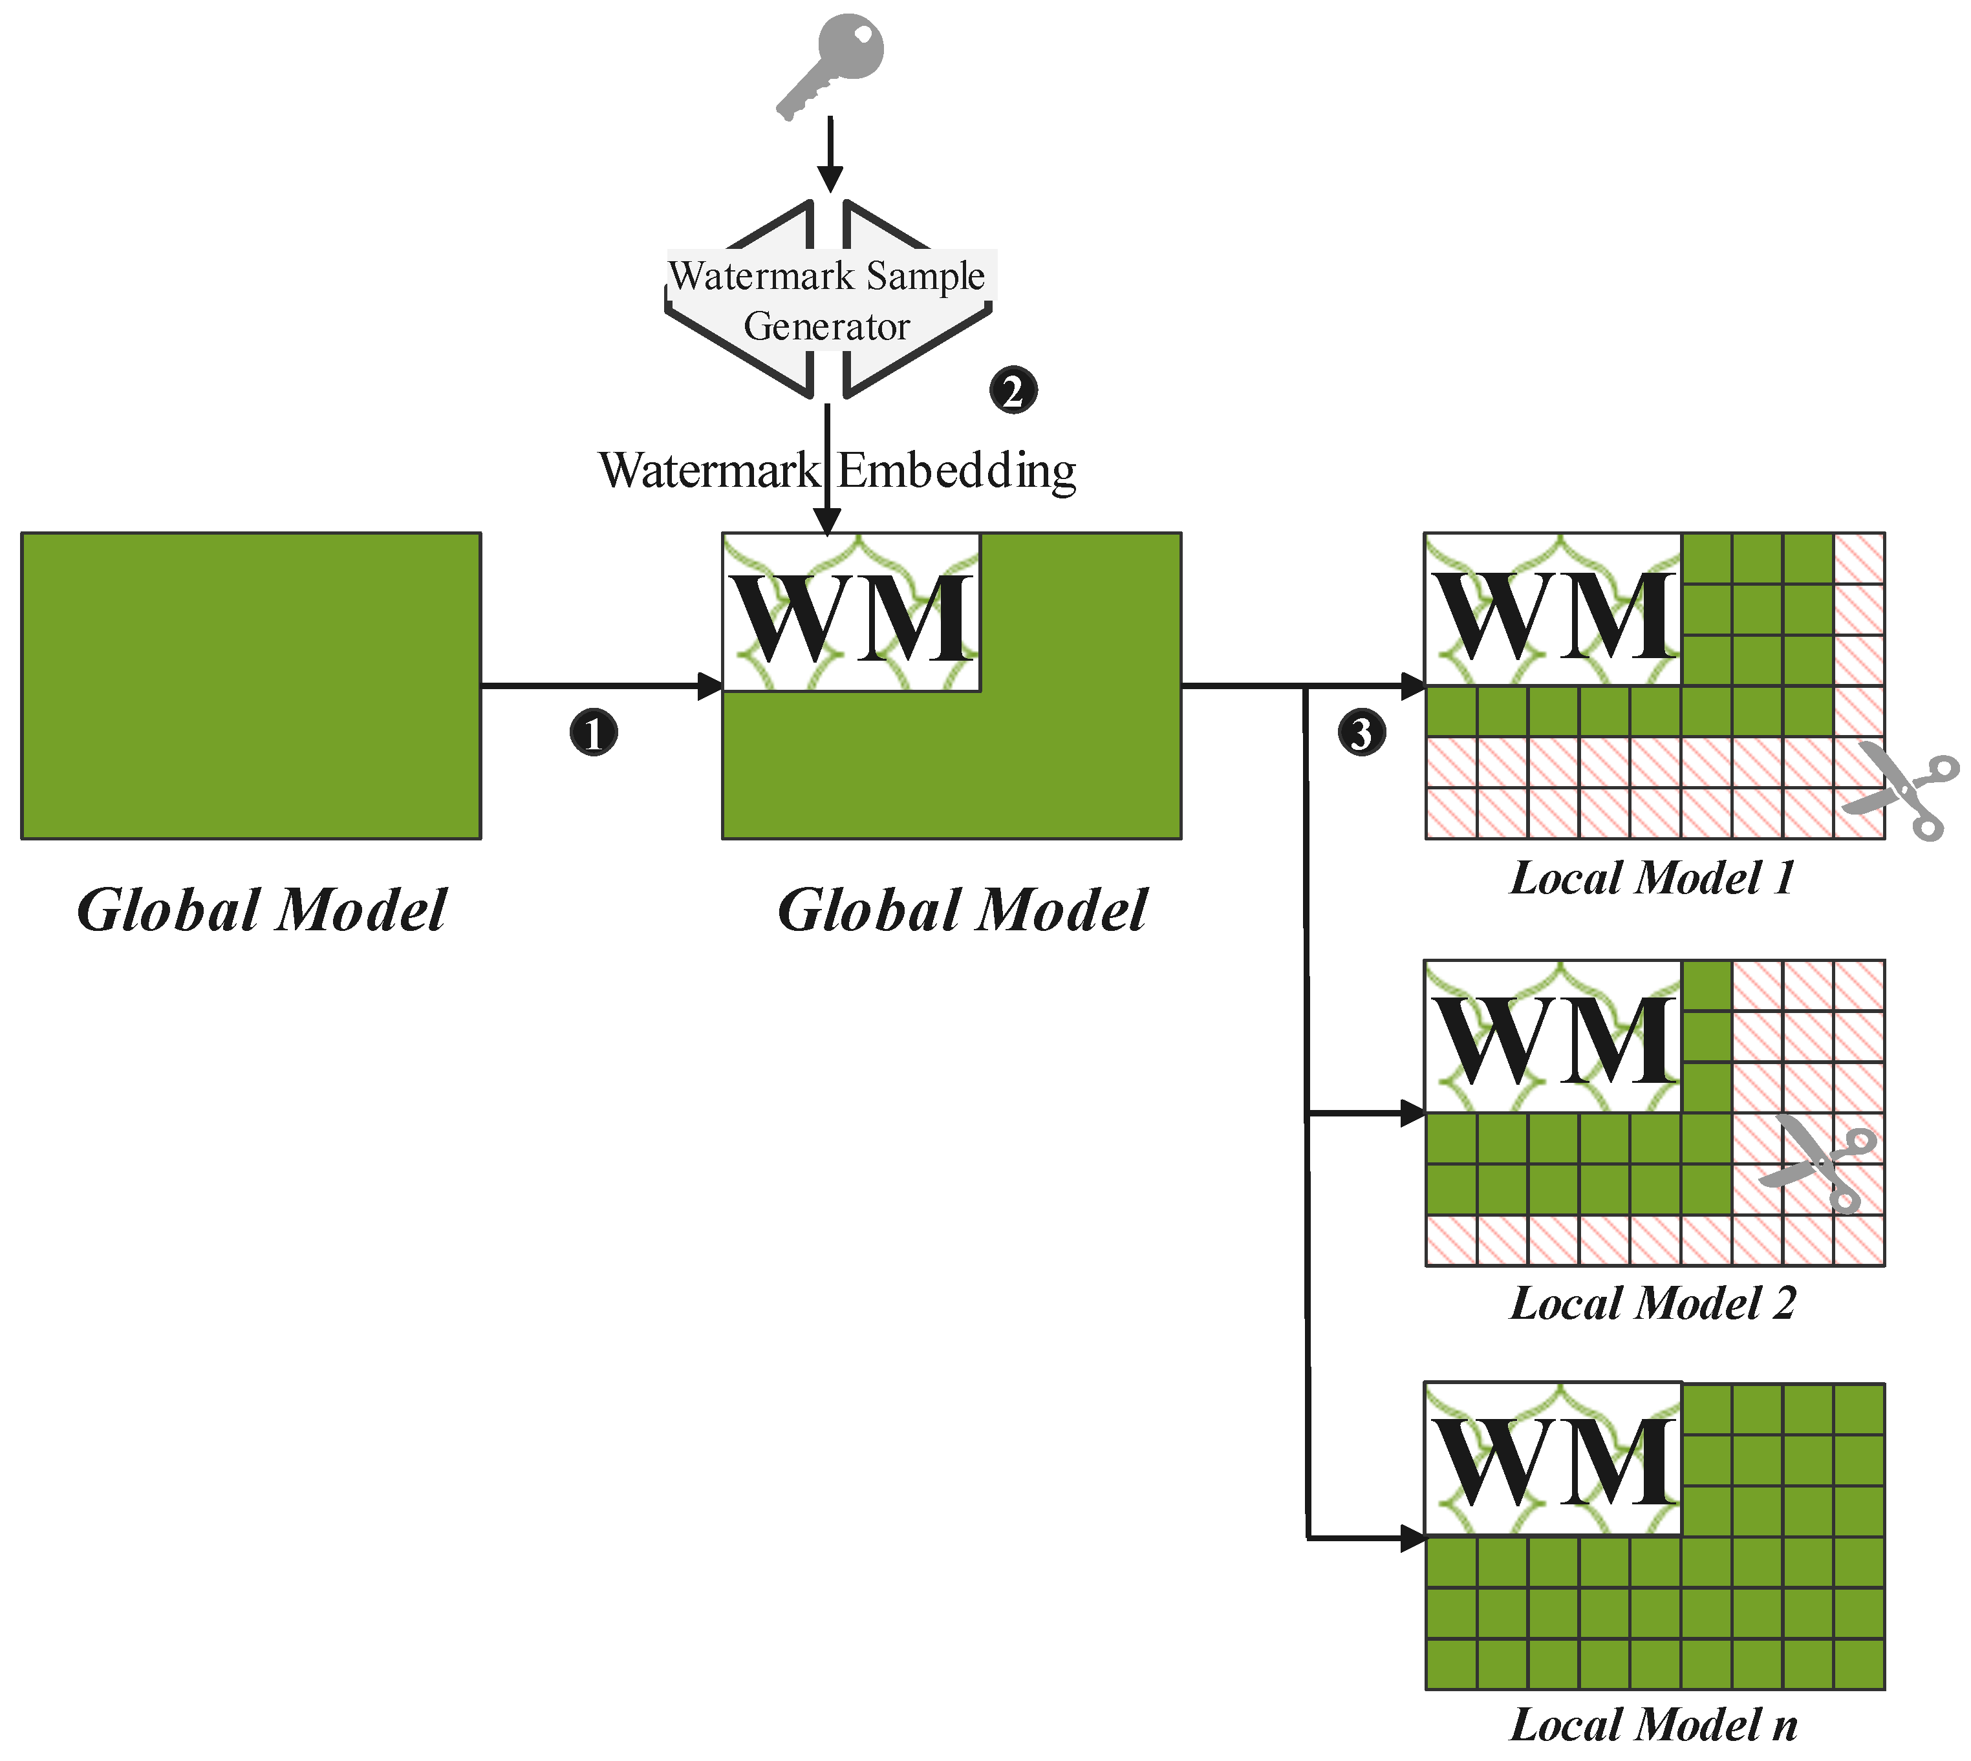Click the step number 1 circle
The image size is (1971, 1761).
593,732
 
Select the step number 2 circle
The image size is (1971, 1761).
1012,391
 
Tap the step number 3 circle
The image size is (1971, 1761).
1361,732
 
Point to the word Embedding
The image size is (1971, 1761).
956,471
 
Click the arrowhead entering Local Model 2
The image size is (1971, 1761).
1413,1114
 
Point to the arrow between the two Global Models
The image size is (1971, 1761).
600,686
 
